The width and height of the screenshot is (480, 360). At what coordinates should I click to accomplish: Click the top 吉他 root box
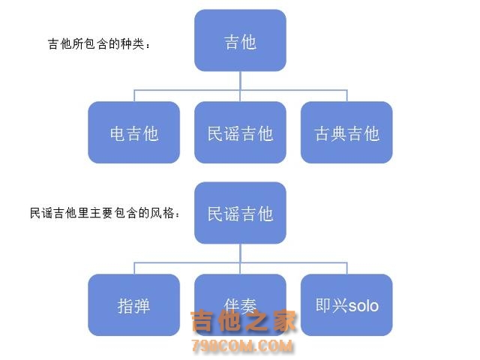240,40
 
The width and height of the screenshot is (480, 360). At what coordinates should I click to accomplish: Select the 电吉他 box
134,133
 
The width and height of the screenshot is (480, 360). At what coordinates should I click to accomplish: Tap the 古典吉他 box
346,133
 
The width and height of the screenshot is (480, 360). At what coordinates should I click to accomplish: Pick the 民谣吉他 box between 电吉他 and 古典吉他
240,133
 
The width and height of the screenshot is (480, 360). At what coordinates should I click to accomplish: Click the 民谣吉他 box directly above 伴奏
240,213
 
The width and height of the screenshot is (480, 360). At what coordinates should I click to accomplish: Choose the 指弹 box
134,305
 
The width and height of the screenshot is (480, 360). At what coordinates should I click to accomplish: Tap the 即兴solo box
346,305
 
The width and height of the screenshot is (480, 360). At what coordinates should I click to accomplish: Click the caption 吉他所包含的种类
100,44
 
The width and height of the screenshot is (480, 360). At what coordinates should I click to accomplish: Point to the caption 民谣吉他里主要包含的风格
105,214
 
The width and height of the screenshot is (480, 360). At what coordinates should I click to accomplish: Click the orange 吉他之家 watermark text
243,322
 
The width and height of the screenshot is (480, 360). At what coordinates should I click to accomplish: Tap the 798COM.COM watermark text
241,346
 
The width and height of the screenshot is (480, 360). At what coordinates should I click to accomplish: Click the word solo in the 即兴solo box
364,306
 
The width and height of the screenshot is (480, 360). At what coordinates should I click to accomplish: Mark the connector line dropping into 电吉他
134,94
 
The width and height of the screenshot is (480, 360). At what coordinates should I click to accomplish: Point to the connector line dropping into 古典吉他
346,94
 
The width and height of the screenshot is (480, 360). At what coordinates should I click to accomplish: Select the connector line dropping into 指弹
134,268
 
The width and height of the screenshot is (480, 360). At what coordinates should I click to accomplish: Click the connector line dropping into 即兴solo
346,268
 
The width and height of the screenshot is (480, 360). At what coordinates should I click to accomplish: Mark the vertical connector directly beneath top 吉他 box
240,79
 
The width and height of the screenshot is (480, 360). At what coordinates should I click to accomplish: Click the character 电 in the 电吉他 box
118,133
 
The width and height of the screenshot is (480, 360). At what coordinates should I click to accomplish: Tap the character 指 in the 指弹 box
125,306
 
